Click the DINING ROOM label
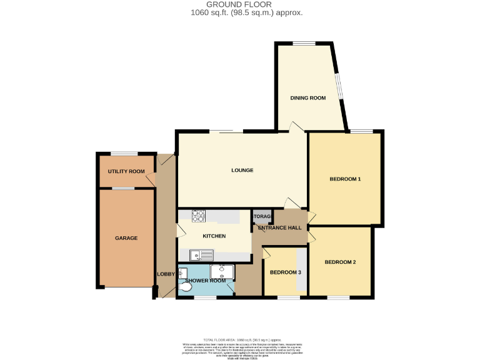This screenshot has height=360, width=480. tap(307, 98)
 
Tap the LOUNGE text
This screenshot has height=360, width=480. tap(242, 170)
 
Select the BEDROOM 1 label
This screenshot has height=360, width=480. tap(345, 179)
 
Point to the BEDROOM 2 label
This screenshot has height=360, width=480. tap(340, 262)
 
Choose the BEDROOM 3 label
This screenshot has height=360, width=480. tap(285, 272)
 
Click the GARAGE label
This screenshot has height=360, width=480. tap(126, 238)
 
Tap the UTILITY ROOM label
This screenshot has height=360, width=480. tap(126, 171)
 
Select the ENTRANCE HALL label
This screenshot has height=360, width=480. tap(280, 227)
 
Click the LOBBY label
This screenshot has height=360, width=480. tap(166, 274)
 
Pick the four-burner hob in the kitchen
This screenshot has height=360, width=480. tap(198, 216)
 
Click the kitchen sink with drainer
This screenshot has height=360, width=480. tap(202, 254)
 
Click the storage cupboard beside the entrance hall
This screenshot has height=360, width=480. tap(262, 216)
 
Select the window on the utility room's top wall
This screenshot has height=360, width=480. tap(124, 153)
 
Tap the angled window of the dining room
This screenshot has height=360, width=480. tap(339, 87)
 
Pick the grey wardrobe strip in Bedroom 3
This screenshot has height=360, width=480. tap(301, 269)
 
